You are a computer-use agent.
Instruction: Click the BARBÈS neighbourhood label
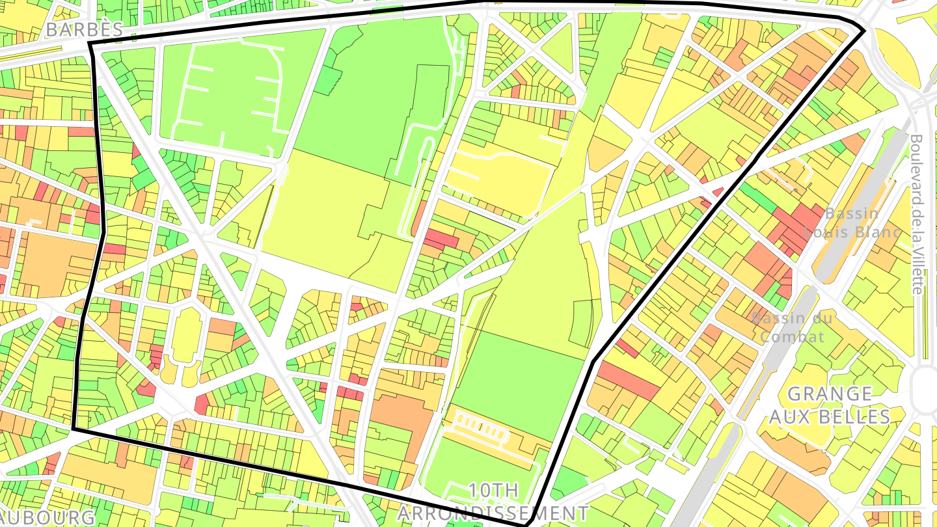coord(85,29)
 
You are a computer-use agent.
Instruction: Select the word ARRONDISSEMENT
coord(493,513)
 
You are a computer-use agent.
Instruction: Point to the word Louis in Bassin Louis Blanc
coord(826,232)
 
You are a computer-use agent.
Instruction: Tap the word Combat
coord(792,336)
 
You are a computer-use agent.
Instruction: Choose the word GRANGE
coord(830,394)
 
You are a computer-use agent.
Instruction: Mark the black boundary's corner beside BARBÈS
coord(90,44)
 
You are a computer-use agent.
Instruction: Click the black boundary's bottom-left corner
coord(74,429)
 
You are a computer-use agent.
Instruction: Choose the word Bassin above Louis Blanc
coord(852,213)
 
